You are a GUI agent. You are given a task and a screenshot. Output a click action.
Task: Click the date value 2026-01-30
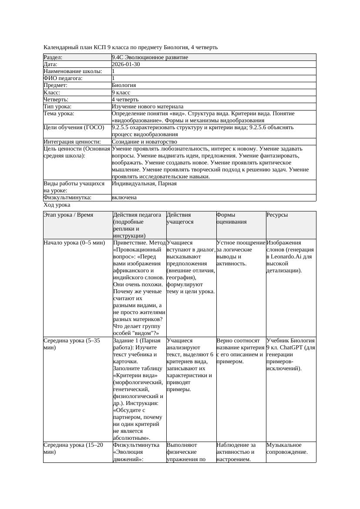click(x=126, y=64)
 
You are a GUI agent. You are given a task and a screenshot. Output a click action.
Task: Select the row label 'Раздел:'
click(x=53, y=57)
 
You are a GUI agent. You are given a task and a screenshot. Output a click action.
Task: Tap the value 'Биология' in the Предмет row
click(x=124, y=86)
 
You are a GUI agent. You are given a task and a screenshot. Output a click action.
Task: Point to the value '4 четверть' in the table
click(x=125, y=100)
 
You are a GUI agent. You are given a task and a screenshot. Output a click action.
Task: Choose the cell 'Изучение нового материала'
click(x=148, y=107)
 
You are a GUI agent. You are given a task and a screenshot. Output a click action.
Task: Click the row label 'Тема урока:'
click(x=59, y=114)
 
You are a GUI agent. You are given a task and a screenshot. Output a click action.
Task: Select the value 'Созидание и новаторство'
click(x=144, y=142)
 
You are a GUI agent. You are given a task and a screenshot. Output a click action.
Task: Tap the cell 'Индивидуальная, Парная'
click(x=144, y=184)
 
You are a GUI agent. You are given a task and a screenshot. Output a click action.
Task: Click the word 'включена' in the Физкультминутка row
click(x=124, y=198)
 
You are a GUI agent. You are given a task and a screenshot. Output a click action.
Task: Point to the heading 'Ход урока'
click(x=57, y=205)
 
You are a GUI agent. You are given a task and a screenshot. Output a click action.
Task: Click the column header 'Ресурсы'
click(x=277, y=215)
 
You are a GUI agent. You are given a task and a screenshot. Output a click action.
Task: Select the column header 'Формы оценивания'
click(x=232, y=218)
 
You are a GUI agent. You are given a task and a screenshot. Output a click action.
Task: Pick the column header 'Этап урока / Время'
click(x=68, y=215)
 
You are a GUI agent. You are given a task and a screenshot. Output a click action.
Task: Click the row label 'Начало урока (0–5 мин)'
click(x=74, y=243)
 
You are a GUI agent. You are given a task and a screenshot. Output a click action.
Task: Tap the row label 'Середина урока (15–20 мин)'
click(x=73, y=449)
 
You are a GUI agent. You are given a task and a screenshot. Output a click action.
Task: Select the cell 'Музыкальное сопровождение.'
click(x=287, y=449)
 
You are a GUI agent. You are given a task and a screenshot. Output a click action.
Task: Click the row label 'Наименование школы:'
click(x=73, y=71)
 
